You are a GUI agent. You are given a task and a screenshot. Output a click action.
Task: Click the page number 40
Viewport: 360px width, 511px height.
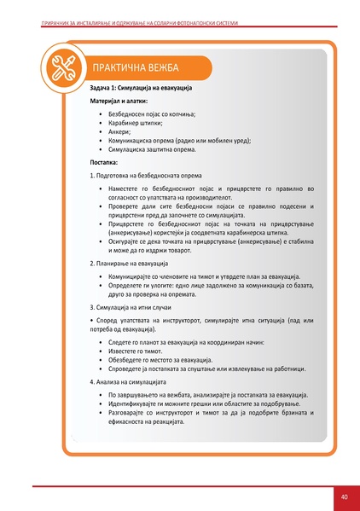(x=343, y=496)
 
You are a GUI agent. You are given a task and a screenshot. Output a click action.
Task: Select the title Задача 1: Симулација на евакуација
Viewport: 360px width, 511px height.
(x=141, y=89)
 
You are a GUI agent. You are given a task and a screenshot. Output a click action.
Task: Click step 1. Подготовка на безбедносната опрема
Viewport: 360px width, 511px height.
(x=145, y=174)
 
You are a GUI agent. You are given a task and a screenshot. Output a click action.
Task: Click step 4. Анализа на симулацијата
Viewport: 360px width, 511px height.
(x=132, y=382)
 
